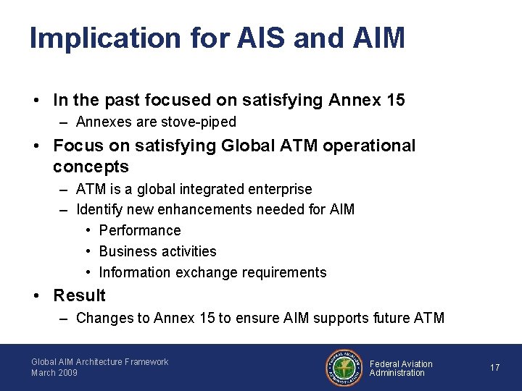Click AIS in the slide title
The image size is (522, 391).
coord(260,38)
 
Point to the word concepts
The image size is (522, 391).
coord(91,167)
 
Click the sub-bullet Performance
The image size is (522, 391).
coord(140,230)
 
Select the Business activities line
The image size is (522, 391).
coord(157,251)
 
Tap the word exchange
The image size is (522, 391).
coord(206,272)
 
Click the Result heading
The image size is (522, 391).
coord(79,295)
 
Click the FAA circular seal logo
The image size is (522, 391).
coord(343,368)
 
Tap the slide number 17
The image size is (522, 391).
coord(494,368)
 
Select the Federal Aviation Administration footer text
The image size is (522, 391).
coord(400,368)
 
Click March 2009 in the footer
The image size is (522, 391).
coord(54,373)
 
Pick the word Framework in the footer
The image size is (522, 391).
coord(146,362)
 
